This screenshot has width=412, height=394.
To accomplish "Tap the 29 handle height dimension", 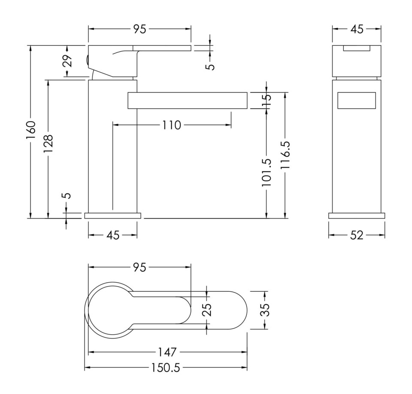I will pyautogui.click(x=67, y=61).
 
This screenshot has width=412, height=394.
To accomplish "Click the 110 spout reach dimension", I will pyautogui.click(x=171, y=125).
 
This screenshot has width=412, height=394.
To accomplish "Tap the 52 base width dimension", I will pyautogui.click(x=357, y=235).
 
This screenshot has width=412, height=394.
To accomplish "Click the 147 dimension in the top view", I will pyautogui.click(x=167, y=352).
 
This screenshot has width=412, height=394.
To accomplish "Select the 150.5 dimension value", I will pyautogui.click(x=166, y=368).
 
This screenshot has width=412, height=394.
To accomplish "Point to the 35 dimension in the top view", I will pyautogui.click(x=266, y=310).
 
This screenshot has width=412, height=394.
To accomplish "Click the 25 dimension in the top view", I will pyautogui.click(x=207, y=310).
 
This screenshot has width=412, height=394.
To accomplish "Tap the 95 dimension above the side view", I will pyautogui.click(x=140, y=29).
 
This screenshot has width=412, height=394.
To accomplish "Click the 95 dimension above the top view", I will pyautogui.click(x=139, y=267).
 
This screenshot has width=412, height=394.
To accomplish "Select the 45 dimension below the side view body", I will pyautogui.click(x=112, y=235).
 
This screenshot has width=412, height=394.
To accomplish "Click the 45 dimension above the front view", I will pyautogui.click(x=357, y=29).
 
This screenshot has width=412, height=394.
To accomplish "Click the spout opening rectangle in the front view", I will pyautogui.click(x=357, y=101).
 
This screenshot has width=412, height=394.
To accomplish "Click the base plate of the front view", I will pyautogui.click(x=357, y=216).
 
